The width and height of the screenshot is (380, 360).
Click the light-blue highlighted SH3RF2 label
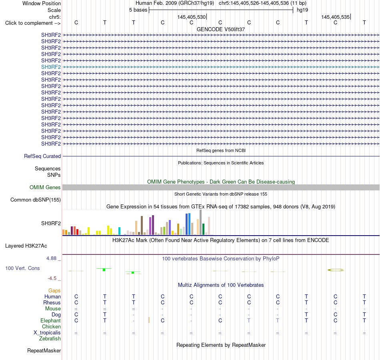[51, 67]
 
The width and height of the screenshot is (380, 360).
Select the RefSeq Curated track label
[42, 156]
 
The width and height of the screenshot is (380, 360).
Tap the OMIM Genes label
[45, 187]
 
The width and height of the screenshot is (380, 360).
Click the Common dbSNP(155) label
[36, 200]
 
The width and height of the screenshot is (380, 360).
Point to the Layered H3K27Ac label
[26, 246]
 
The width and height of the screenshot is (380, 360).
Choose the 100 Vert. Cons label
[22, 268]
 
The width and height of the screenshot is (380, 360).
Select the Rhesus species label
[52, 302]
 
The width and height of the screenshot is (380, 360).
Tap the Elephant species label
[51, 320]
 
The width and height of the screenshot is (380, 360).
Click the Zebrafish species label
[50, 339]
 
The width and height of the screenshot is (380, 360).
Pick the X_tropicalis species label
[47, 333]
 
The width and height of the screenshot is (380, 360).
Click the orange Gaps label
[54, 290]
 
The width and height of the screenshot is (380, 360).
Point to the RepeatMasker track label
[44, 350]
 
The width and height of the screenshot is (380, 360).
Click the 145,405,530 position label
[192, 17]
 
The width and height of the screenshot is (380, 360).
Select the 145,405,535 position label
[336, 17]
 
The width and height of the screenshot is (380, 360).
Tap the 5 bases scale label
[138, 10]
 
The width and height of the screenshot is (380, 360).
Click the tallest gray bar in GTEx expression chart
[201, 222]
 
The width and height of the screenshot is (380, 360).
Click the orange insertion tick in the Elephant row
[149, 320]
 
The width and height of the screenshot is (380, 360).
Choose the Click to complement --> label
[33, 23]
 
